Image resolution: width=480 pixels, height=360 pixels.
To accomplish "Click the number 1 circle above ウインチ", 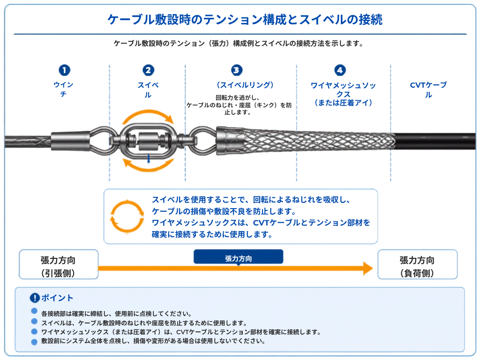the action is click(x=64, y=70).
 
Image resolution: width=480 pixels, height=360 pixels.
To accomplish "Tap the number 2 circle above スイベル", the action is click(x=148, y=70).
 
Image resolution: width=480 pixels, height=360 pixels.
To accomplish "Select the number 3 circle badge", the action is click(x=237, y=70).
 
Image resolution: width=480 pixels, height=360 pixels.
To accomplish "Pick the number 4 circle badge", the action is click(x=340, y=70).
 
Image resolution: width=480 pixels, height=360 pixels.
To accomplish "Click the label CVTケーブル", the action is click(x=428, y=90).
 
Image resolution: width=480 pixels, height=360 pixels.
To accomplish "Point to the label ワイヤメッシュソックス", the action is click(x=343, y=90).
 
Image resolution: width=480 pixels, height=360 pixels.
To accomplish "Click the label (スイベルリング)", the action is click(x=245, y=85).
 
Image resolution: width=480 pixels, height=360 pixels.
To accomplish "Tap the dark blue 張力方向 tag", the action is click(x=238, y=257).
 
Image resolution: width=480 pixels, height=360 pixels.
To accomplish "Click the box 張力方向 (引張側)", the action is click(x=59, y=264).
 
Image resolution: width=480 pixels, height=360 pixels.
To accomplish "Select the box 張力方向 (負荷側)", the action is click(x=417, y=264).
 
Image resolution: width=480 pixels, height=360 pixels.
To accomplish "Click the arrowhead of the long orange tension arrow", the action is click(x=368, y=269).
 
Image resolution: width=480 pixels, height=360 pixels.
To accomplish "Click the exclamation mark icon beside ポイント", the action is click(x=35, y=298).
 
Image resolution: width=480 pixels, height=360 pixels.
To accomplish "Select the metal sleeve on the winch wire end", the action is click(x=70, y=141).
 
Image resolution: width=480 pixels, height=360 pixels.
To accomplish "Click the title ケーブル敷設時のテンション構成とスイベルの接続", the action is click(x=245, y=20).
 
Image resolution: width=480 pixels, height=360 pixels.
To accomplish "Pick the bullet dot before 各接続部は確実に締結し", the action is click(x=34, y=311).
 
